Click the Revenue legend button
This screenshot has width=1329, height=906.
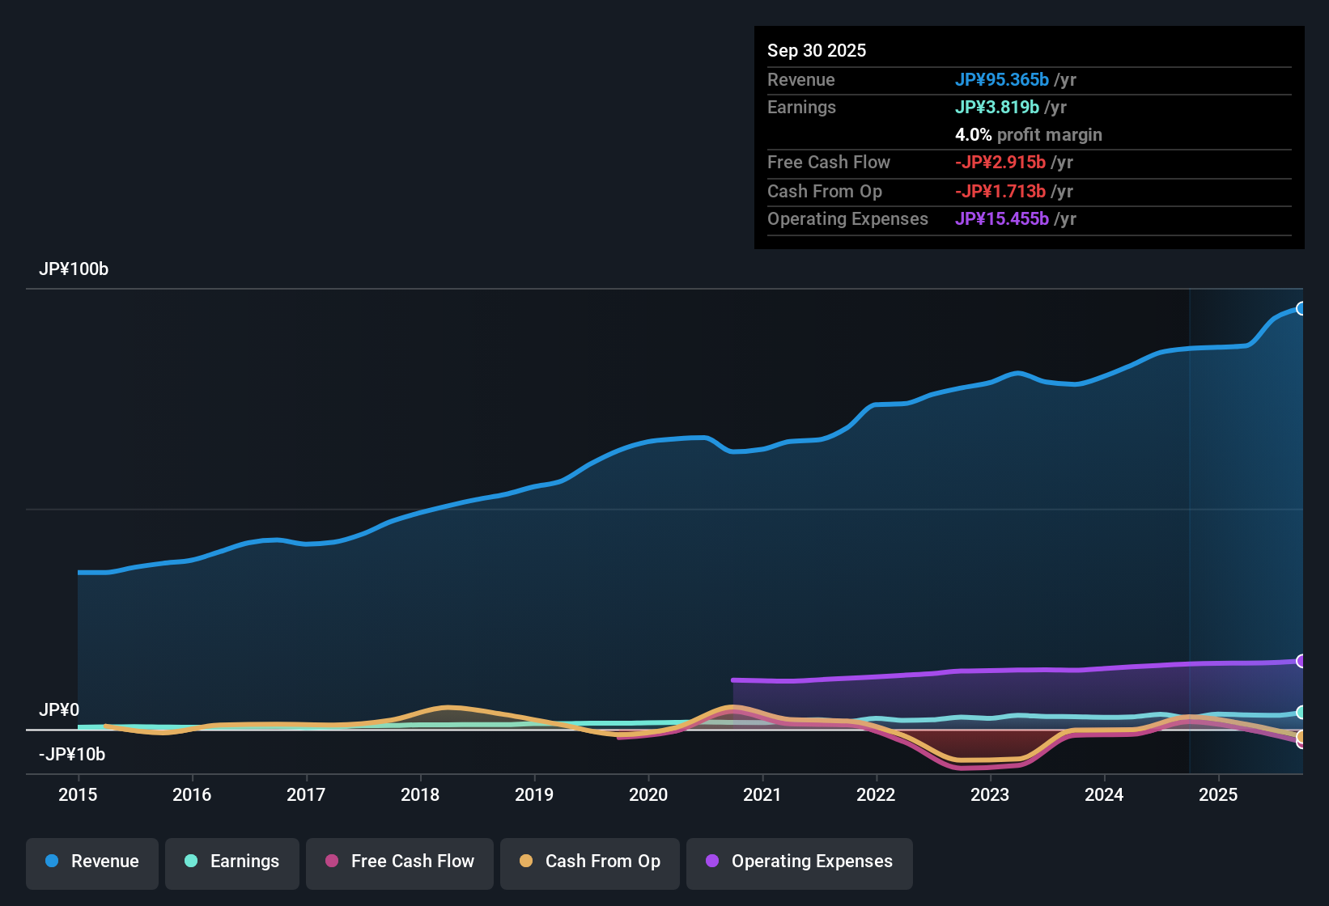[x=91, y=862]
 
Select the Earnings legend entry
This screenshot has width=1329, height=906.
[x=231, y=862]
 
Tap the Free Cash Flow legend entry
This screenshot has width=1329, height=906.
[x=399, y=862]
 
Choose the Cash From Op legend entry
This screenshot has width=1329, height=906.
[x=589, y=862]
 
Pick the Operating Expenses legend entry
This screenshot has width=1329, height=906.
[x=799, y=862]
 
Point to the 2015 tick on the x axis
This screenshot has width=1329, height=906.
[x=78, y=794]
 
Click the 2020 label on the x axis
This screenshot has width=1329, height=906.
[x=648, y=794]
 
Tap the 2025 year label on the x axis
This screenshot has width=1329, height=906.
[x=1217, y=794]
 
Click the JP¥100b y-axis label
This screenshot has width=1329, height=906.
[x=74, y=269]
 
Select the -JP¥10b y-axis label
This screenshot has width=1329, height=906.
[x=72, y=754]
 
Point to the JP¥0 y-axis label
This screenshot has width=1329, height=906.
[x=59, y=710]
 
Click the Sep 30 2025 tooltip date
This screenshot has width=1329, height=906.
[x=816, y=50]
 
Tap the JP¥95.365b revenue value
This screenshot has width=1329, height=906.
[x=1001, y=79]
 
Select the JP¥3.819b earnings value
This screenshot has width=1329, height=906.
[x=996, y=107]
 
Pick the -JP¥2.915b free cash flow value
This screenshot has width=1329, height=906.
[x=1000, y=162]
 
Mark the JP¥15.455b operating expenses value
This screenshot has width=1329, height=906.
[x=1001, y=218]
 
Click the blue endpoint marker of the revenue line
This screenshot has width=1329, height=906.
[x=1301, y=308]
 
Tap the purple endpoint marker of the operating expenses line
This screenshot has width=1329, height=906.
[x=1301, y=661]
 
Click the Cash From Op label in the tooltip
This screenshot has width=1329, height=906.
[x=824, y=191]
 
